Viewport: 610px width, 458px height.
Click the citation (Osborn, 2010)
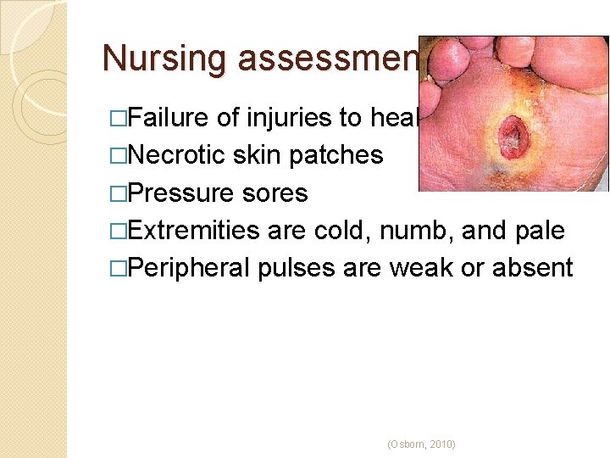coord(420,444)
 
